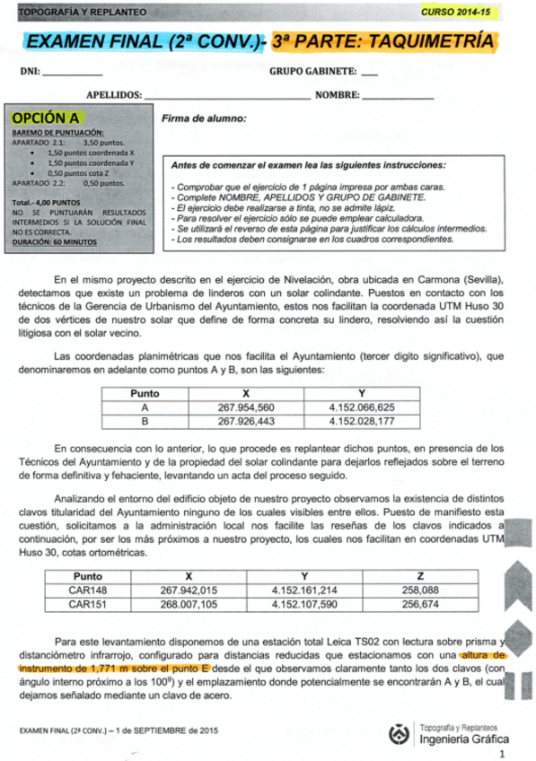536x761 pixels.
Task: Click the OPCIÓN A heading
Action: pyautogui.click(x=46, y=118)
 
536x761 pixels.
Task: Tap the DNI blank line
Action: pyautogui.click(x=72, y=75)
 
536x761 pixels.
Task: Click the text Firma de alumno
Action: pyautogui.click(x=204, y=118)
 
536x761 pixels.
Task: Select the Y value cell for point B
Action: pyautogui.click(x=361, y=421)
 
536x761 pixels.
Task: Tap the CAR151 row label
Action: pyautogui.click(x=88, y=604)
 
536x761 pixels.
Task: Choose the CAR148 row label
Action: pyautogui.click(x=88, y=590)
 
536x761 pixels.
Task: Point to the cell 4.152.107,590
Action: pyautogui.click(x=304, y=604)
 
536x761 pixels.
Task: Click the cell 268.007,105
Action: pyautogui.click(x=189, y=604)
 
